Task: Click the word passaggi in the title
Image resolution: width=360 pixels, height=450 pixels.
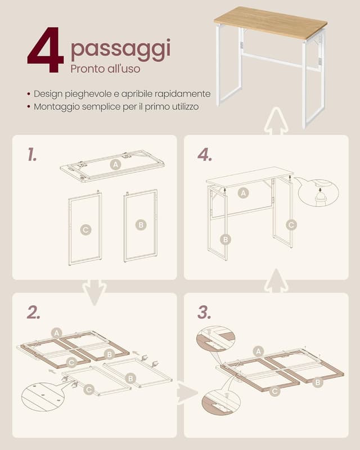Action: coord(120,50)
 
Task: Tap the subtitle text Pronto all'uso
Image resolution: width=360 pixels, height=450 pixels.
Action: coord(105,69)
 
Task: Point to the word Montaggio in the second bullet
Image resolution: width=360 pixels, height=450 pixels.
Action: coord(55,106)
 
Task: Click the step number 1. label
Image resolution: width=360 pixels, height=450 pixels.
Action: coord(32,155)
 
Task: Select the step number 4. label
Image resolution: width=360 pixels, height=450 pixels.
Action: coord(205,155)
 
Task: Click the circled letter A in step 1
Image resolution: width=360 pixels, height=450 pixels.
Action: coord(116,164)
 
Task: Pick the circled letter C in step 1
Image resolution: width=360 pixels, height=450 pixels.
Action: coord(85,229)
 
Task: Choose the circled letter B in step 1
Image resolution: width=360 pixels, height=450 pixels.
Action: coord(141,225)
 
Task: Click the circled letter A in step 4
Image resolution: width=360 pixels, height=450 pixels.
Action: coord(243,193)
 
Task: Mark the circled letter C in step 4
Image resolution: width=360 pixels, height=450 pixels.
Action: coord(291,224)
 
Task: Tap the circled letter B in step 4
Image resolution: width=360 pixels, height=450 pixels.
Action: coord(226,239)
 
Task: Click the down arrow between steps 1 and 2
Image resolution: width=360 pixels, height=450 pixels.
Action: coord(94,292)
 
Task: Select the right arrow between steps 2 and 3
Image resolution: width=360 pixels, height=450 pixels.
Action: coord(187,391)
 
